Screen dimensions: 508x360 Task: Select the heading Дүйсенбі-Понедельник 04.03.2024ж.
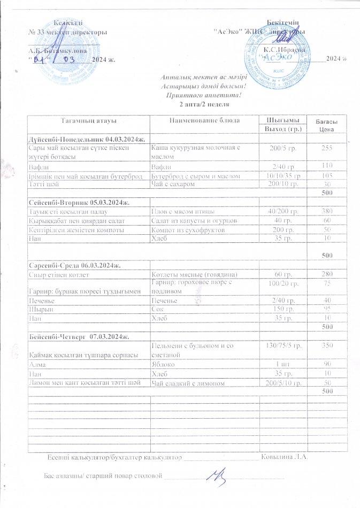pos(86,139)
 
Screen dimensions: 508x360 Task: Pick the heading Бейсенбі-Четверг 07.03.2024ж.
pos(82,336)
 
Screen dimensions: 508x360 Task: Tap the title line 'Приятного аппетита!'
pos(202,95)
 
